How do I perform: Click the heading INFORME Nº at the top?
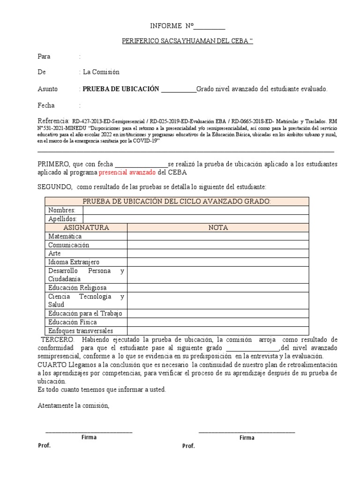click(171, 26)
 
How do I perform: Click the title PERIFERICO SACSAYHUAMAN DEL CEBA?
click(187, 42)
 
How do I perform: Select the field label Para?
click(44, 56)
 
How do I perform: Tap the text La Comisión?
click(101, 72)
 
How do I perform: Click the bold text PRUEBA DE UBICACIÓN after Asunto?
click(121, 89)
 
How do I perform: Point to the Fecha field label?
click(46, 105)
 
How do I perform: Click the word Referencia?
click(53, 120)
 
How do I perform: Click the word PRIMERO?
click(53, 164)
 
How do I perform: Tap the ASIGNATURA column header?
click(86, 227)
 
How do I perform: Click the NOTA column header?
click(218, 227)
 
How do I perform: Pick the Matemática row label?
click(65, 236)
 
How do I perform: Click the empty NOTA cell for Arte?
click(218, 254)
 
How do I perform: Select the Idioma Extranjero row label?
click(74, 262)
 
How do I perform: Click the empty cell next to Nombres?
click(195, 210)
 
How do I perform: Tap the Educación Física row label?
click(73, 322)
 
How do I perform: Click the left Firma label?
click(89, 437)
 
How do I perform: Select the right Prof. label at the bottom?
click(188, 446)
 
